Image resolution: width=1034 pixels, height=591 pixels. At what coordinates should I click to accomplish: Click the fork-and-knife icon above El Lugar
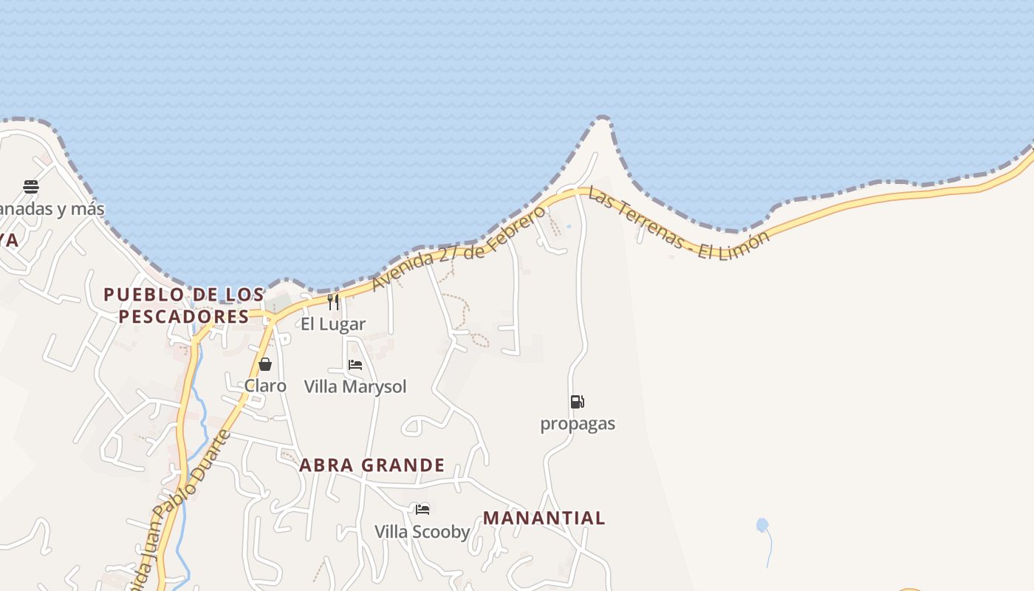point(333,301)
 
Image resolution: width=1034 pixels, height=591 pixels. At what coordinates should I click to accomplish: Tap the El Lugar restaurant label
point(333,324)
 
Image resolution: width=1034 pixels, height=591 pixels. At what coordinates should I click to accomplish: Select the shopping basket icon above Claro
point(265,364)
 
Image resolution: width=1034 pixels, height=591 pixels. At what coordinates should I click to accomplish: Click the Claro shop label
point(265,386)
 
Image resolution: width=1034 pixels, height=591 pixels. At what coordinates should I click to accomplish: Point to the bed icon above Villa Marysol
point(355,365)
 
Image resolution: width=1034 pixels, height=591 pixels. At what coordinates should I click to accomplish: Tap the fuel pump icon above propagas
point(578,402)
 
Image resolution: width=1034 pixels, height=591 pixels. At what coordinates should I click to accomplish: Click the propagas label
point(578,424)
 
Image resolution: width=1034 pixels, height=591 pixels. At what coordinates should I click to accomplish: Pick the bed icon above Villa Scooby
point(422,510)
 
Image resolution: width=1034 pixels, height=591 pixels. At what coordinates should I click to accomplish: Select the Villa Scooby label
point(422,532)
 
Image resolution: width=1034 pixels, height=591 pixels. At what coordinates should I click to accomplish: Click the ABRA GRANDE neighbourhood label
point(372,465)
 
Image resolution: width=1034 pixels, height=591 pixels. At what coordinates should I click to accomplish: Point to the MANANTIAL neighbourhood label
point(544,518)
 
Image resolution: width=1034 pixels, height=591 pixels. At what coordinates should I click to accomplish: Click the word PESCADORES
point(184,317)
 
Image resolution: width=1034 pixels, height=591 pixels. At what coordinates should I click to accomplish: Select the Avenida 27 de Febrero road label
point(458,249)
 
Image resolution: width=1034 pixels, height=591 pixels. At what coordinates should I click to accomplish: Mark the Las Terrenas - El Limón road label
point(678,225)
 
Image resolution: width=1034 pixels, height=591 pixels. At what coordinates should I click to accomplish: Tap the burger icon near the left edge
point(31,187)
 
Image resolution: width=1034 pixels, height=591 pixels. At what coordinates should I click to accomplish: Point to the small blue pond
point(762,525)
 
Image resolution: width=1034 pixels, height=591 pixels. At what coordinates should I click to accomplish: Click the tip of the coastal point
point(603,117)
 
